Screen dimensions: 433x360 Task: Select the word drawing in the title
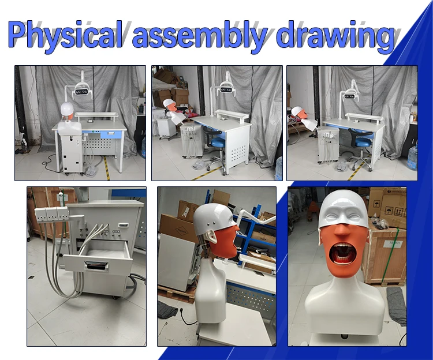point(335,35)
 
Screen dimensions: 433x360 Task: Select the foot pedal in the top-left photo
point(91,171)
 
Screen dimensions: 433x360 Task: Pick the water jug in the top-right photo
point(413,157)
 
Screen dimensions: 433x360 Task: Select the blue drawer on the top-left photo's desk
point(111,134)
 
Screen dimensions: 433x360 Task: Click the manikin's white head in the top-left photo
point(67,108)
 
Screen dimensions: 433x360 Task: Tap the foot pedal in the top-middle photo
point(197,165)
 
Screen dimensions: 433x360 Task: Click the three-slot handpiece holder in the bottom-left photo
point(51,215)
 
